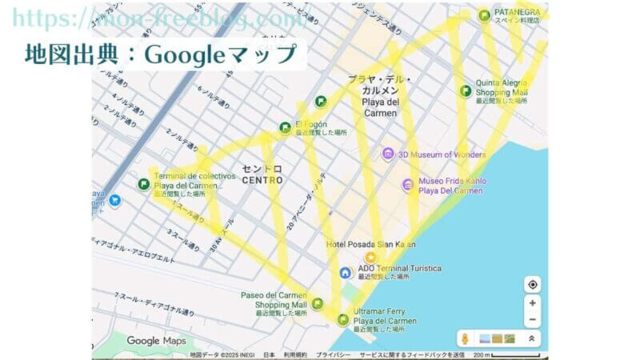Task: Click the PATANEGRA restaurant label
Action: pos(517,16)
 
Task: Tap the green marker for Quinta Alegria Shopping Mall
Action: pos(466,90)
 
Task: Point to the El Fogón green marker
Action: pos(285,128)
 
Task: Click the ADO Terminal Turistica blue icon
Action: pos(346,272)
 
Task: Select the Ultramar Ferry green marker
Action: pos(343,319)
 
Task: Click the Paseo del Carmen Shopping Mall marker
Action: pos(318,303)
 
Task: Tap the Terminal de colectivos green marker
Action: pos(143,184)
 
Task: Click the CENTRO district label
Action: pos(262,174)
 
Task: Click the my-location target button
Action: pos(533,284)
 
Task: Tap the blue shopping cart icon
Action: pos(115,200)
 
